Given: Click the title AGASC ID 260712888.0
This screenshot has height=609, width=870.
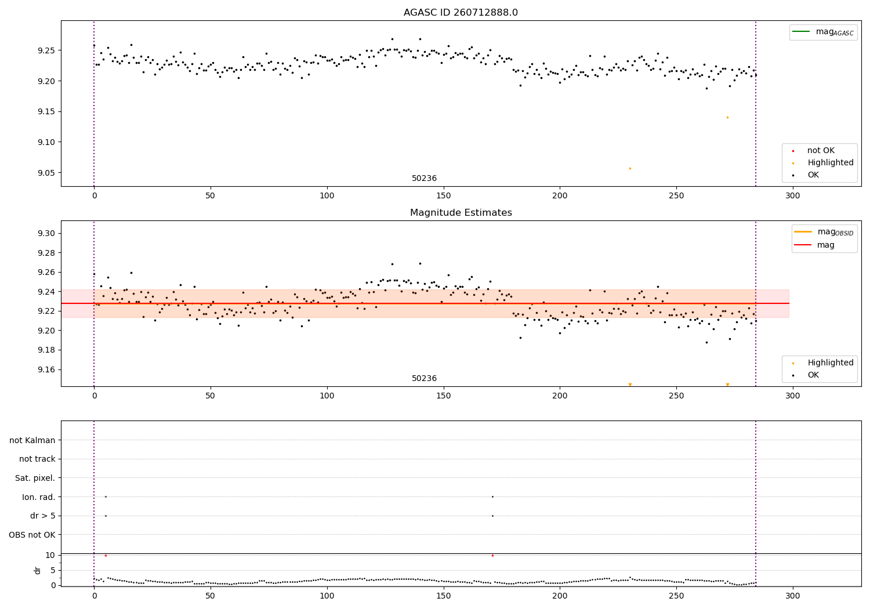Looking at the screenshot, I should (461, 13).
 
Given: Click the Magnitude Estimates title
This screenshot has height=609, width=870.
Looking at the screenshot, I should (461, 213).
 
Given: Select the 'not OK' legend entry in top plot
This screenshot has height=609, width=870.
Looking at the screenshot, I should (821, 151).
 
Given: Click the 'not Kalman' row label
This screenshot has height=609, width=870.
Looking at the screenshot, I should (32, 440).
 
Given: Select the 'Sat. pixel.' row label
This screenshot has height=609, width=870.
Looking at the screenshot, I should (35, 478).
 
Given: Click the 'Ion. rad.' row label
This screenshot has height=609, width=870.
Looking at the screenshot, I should (39, 497).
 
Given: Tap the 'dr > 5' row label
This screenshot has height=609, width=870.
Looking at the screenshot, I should (43, 516).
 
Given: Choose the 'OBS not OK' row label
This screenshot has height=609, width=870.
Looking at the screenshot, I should (32, 535).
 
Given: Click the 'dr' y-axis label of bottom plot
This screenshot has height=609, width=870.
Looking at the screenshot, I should (38, 570).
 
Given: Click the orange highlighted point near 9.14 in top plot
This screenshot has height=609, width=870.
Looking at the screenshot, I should (727, 117).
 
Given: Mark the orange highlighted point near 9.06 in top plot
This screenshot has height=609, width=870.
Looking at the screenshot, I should (630, 168).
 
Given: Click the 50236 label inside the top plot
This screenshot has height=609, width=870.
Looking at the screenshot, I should (424, 179).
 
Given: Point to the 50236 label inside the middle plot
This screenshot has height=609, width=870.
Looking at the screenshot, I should (424, 379).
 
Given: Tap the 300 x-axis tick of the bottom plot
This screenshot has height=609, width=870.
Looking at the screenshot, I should (792, 596).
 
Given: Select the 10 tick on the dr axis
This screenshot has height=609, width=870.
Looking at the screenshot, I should (50, 555).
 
